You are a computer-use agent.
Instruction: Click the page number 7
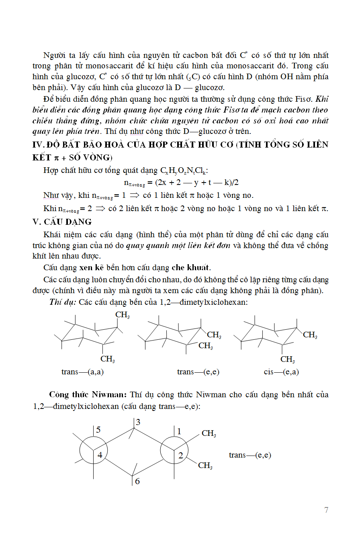326,510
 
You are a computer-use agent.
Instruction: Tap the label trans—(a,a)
82,372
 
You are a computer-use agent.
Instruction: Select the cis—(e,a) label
281,372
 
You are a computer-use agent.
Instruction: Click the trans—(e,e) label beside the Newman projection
250,455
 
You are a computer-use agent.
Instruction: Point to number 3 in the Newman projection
138,422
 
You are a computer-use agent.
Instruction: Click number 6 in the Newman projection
137,481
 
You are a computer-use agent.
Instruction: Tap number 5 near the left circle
98,430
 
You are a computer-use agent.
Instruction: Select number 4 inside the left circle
100,455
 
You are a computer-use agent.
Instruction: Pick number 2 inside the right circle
181,455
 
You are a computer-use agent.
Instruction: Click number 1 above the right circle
179,431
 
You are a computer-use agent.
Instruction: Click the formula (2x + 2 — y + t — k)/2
197,183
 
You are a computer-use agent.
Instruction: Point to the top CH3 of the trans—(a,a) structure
123,315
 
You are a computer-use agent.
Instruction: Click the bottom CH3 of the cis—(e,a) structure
288,359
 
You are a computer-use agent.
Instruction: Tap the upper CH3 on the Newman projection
209,433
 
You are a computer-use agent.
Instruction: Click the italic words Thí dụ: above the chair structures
63,302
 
